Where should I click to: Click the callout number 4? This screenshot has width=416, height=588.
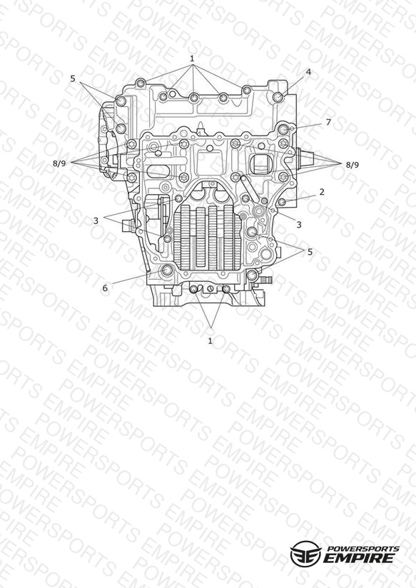[x=308, y=72]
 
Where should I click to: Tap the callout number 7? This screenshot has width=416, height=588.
[x=328, y=122]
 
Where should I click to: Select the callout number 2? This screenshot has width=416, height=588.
[x=322, y=192]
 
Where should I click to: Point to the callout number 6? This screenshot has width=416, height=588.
[x=105, y=288]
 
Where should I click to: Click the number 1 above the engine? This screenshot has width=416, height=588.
[x=192, y=59]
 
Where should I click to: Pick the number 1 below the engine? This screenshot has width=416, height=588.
[x=210, y=341]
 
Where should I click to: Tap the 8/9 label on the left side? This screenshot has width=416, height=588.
[x=59, y=163]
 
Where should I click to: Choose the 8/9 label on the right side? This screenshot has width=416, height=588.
[x=352, y=165]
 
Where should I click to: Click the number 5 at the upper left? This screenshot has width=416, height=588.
[x=72, y=78]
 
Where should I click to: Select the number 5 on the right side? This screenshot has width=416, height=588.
[x=310, y=252]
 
